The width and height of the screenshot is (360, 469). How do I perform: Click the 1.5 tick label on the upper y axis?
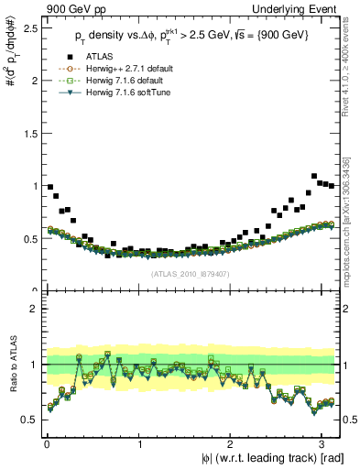tap(28, 133)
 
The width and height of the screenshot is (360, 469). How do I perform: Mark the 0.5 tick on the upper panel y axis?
tap(28, 238)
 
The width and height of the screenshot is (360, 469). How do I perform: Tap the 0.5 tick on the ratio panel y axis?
tap(28, 420)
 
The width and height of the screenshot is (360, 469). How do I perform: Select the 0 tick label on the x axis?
tap(46, 443)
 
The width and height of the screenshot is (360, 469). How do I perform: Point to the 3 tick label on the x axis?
tap(324, 443)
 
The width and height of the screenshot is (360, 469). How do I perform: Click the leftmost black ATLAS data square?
tap(49, 187)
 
